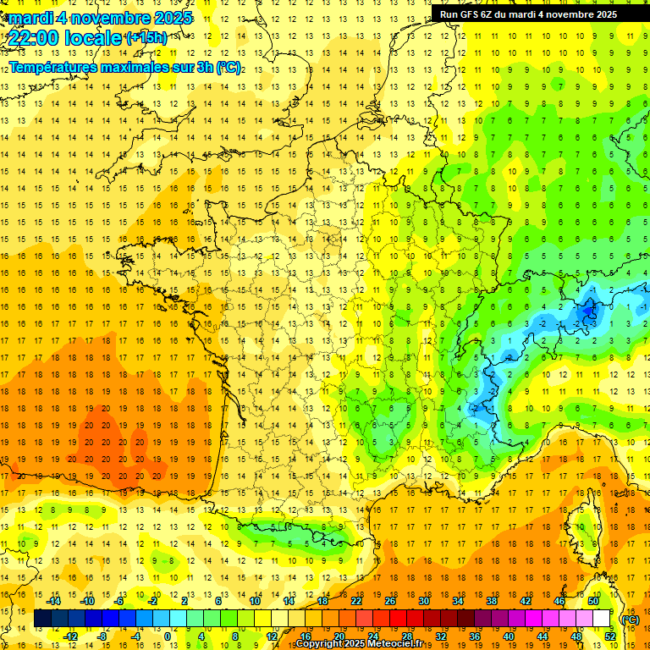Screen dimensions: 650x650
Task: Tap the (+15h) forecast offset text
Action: click(x=146, y=37)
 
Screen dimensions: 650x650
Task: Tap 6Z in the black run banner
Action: click(x=493, y=14)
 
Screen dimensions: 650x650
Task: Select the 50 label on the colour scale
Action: click(x=593, y=600)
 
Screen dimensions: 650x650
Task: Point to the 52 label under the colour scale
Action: click(x=610, y=636)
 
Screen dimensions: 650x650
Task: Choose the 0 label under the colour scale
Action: click(x=168, y=636)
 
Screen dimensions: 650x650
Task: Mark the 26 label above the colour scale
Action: click(x=390, y=600)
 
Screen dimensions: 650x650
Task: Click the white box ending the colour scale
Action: click(x=602, y=619)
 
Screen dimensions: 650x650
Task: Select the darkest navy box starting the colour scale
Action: click(x=42, y=619)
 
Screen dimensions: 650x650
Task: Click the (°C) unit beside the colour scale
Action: click(x=631, y=619)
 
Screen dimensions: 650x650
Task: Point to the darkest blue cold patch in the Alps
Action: click(x=590, y=317)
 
